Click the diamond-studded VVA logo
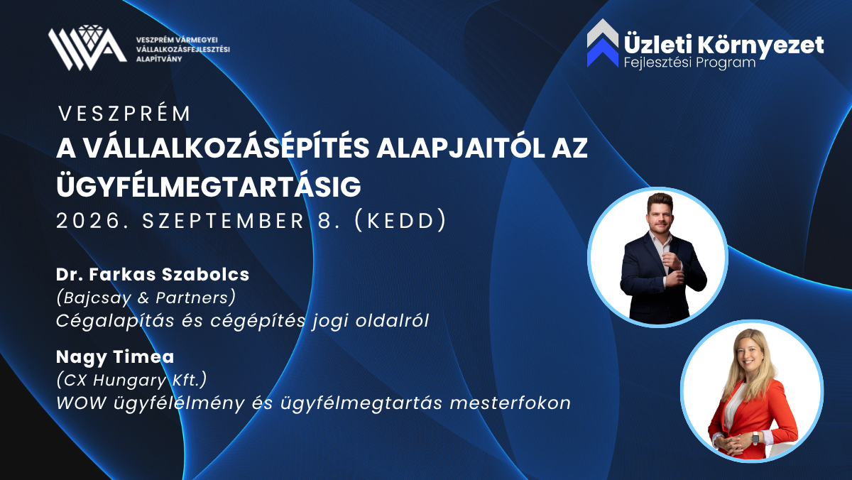(x=87, y=48)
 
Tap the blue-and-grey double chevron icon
(x=603, y=43)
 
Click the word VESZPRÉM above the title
(x=124, y=114)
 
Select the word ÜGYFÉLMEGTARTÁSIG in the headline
(x=209, y=186)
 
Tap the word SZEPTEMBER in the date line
(x=223, y=221)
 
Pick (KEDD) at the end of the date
(x=400, y=221)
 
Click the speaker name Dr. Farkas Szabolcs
(x=153, y=274)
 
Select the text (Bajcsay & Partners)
(x=146, y=298)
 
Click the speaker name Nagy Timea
(x=115, y=357)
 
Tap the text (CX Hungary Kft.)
(x=131, y=380)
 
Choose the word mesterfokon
(x=510, y=403)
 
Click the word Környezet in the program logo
(x=761, y=45)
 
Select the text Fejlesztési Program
(x=689, y=62)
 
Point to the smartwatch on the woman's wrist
(x=755, y=438)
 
